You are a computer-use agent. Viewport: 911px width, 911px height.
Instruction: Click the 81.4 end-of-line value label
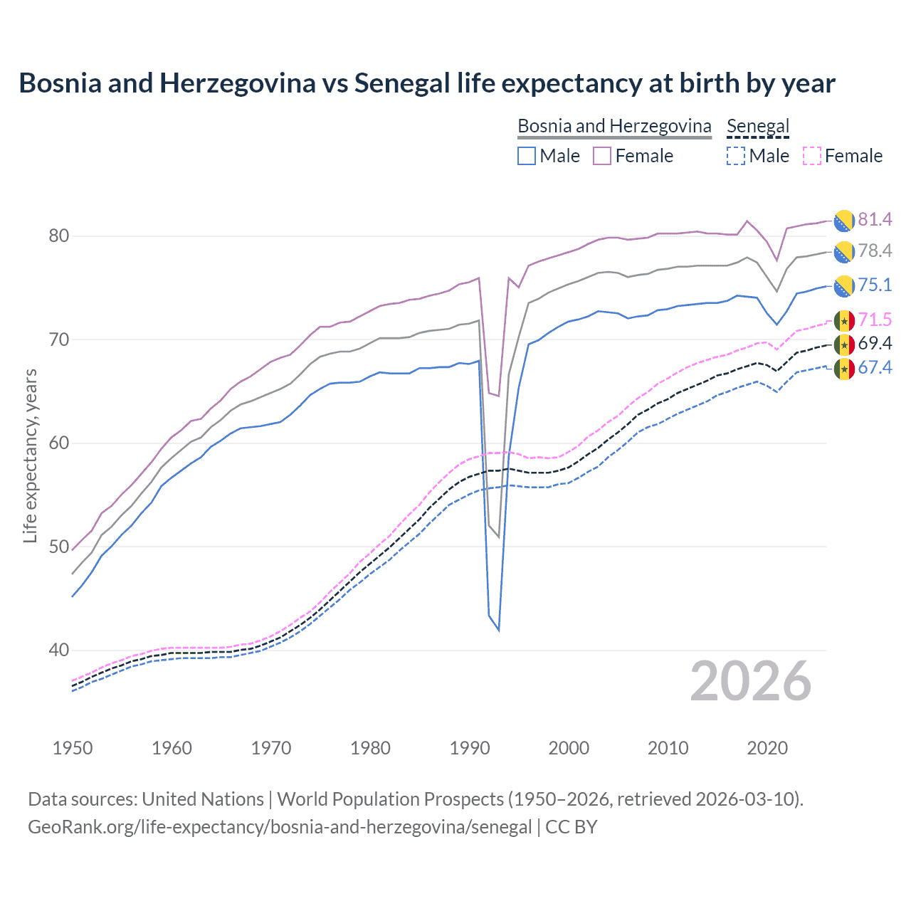[875, 219]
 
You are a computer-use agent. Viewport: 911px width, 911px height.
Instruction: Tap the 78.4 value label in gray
[875, 251]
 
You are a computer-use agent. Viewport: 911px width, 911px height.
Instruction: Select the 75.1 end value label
[875, 285]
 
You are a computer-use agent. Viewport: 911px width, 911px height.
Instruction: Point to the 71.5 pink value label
[875, 320]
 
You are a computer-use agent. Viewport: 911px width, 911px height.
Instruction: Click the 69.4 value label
[875, 343]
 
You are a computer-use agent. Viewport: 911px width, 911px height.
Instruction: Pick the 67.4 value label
[875, 367]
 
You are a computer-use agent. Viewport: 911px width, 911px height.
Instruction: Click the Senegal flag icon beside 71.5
[844, 320]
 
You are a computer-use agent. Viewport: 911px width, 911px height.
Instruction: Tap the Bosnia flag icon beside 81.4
[844, 221]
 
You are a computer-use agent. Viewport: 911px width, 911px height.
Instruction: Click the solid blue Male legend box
[527, 156]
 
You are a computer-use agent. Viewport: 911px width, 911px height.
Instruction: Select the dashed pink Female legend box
[812, 156]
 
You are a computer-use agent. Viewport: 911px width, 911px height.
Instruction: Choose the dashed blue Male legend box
[736, 156]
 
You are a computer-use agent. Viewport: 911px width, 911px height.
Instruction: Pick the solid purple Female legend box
[602, 156]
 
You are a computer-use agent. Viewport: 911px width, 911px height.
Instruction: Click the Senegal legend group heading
[758, 126]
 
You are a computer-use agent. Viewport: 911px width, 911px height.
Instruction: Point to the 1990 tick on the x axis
[470, 748]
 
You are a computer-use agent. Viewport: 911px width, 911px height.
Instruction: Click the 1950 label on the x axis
[73, 748]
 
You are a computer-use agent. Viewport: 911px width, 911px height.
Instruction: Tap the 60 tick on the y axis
[59, 443]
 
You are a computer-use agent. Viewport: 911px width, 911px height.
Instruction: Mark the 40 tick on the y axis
[59, 650]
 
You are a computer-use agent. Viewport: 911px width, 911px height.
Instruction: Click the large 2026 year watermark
[751, 681]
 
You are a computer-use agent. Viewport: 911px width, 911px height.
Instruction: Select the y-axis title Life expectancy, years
[30, 455]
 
